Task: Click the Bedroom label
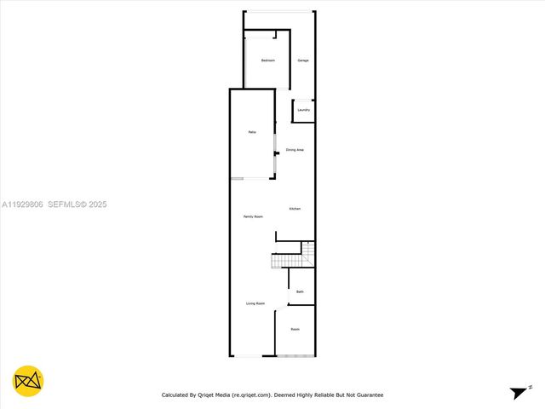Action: (267, 60)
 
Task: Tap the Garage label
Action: (302, 60)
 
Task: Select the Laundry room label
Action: (304, 109)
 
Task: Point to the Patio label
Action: (252, 132)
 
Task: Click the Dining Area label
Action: (295, 150)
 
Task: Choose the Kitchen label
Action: (295, 209)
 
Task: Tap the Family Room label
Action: (253, 217)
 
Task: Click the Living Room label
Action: (255, 303)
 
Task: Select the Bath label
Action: (300, 291)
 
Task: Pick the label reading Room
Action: (295, 329)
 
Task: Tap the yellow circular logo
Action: (28, 381)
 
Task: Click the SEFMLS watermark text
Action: (66, 204)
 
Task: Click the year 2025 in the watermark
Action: (97, 204)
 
